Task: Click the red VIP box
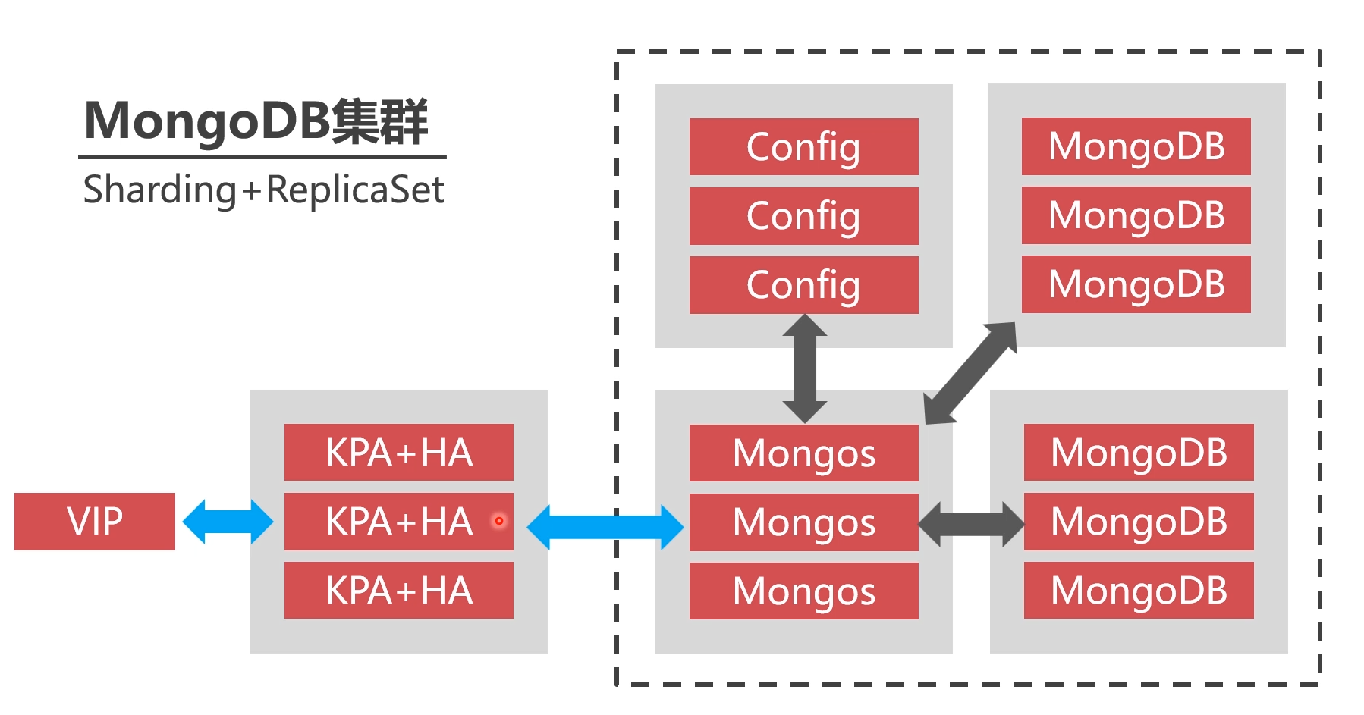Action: [x=95, y=522]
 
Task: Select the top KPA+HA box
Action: [x=399, y=453]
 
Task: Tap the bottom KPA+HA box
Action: [x=399, y=591]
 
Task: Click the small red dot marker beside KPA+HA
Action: [x=499, y=521]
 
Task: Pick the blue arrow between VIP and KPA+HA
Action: [x=228, y=522]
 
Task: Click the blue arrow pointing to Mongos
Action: [x=605, y=527]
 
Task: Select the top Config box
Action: [x=803, y=147]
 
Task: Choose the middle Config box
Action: [x=803, y=216]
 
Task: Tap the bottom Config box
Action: [x=803, y=285]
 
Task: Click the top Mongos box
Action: [x=803, y=453]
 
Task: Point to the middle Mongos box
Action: [x=803, y=522]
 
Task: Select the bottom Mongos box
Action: [x=803, y=591]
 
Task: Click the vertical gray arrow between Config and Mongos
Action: [x=805, y=368]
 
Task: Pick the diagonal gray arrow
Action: [x=971, y=372]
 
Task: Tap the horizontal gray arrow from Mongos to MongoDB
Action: [x=972, y=524]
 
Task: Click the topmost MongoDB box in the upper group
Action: [x=1136, y=146]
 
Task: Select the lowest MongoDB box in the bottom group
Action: [x=1139, y=591]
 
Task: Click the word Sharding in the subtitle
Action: [x=160, y=190]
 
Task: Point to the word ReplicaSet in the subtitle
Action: [x=355, y=190]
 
